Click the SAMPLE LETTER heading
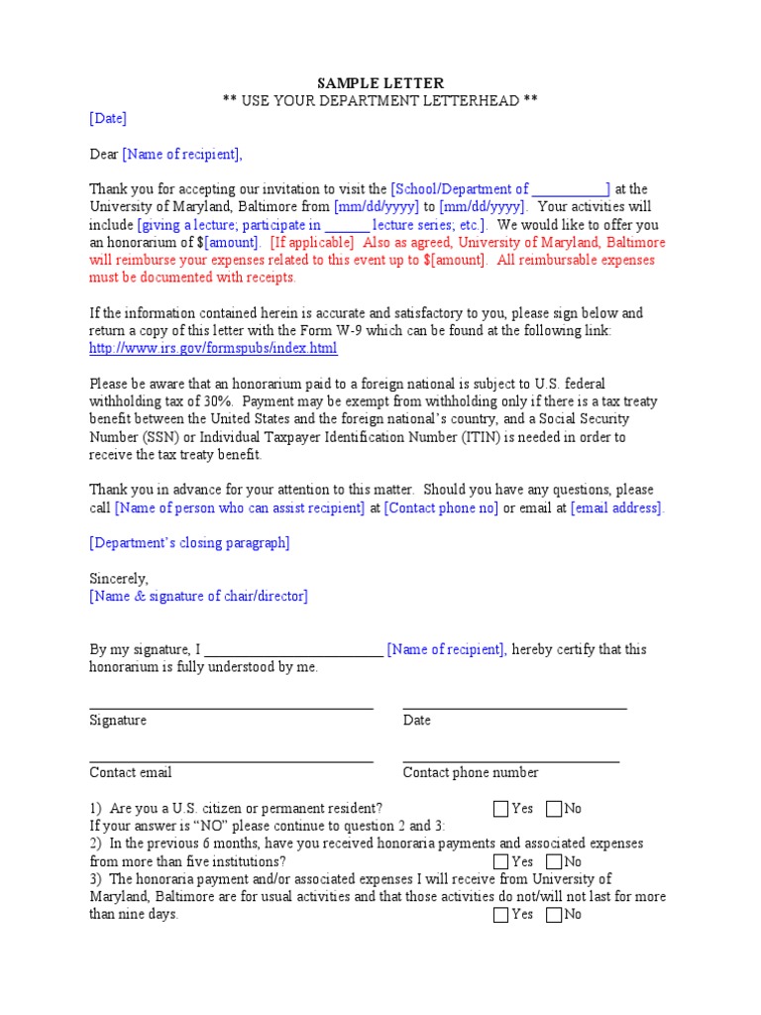click(380, 83)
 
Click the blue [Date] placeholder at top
click(108, 118)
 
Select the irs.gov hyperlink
click(213, 349)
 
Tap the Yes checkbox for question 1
click(500, 809)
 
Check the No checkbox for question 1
click(553, 809)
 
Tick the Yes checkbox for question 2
click(500, 862)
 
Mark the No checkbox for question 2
click(553, 862)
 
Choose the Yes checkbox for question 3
click(500, 915)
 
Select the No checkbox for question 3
click(553, 915)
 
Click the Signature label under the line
click(118, 721)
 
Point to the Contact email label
click(131, 773)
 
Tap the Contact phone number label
click(471, 773)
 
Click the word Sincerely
click(119, 579)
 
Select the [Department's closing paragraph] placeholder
click(189, 543)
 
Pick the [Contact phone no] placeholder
click(441, 508)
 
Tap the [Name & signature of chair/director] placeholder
click(198, 596)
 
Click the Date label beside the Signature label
click(417, 721)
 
